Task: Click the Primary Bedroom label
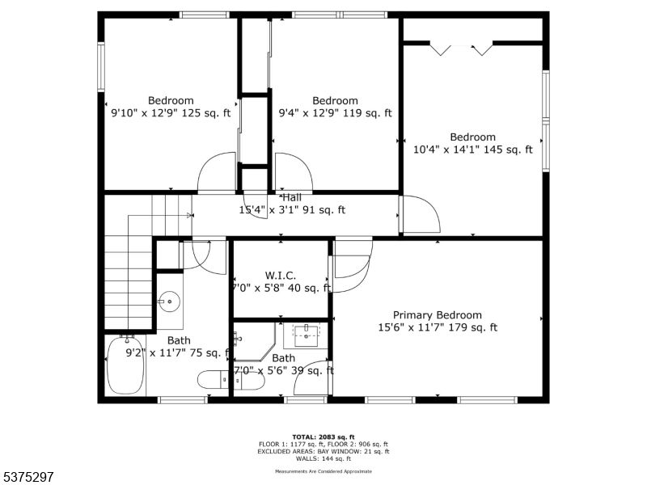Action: coord(437,315)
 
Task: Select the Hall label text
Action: coord(292,197)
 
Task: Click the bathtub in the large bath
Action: coord(125,365)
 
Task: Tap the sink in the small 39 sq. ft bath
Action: coord(306,332)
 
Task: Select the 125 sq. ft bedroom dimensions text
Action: coord(170,113)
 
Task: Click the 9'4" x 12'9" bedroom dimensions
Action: coord(335,113)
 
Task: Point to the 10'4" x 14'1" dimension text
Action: coord(472,150)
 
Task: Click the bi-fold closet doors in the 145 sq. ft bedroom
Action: coord(461,49)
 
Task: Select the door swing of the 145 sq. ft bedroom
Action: coord(419,215)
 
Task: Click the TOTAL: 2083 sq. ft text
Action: coord(323,436)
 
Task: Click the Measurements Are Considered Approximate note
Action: coord(323,470)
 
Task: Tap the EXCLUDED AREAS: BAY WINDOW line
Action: coord(323,451)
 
